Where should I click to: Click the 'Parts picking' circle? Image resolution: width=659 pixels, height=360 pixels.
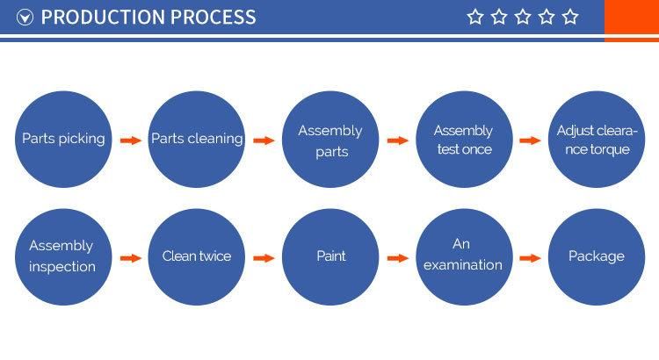point(63,139)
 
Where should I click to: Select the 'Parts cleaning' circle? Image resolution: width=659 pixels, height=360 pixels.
point(197,139)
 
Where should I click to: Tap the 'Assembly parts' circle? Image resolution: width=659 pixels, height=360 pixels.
point(329,140)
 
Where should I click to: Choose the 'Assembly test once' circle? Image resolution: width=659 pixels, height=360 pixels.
point(464,140)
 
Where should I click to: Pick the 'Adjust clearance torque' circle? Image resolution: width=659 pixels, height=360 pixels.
point(597,140)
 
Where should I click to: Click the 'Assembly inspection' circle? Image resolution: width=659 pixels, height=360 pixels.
point(62,256)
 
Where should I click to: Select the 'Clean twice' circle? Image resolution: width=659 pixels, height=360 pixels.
point(197,256)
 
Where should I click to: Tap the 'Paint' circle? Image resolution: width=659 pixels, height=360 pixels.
point(330,256)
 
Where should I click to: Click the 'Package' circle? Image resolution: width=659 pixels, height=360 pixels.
point(597,256)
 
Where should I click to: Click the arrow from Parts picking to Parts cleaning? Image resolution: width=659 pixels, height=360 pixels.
point(131,140)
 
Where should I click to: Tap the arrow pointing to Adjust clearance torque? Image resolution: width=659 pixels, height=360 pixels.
point(530,140)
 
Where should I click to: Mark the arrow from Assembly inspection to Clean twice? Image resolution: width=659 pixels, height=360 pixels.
point(131,258)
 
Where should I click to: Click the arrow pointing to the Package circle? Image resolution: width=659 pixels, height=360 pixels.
point(530,258)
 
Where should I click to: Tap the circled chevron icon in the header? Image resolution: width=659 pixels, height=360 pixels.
point(25,18)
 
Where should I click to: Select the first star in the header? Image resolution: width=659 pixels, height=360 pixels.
point(475,17)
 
